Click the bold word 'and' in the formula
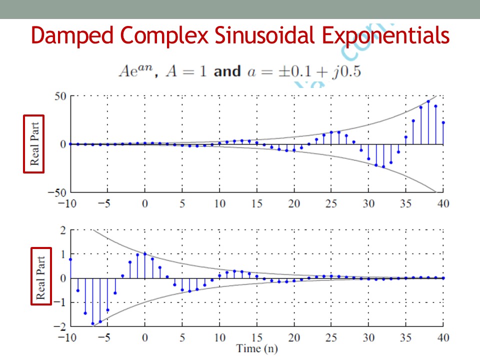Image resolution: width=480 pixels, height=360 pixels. pos(227,71)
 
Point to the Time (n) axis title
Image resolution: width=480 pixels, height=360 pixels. pos(257,348)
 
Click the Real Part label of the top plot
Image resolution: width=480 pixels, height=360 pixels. pos(34,144)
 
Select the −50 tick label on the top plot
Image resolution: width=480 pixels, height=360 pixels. pos(57,192)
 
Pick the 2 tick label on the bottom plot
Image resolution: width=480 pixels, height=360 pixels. pos(63,230)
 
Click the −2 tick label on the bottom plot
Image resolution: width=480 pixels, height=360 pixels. pos(60,326)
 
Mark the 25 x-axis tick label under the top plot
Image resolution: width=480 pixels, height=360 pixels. pos(331,204)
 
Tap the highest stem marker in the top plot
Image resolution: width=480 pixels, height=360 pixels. pos(428,101)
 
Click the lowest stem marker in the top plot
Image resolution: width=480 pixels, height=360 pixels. pos(383,166)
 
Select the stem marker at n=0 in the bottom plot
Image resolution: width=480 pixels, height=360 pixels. pos(145,253)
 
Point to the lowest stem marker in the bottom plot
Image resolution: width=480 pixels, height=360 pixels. pos(92,323)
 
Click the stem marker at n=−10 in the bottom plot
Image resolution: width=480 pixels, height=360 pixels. pos(70,259)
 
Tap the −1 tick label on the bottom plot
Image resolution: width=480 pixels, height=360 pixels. pos(60,302)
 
